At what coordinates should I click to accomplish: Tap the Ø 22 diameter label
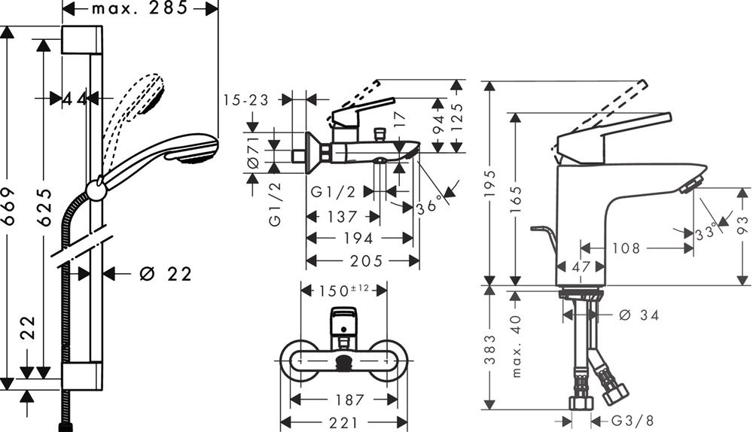[x=166, y=274]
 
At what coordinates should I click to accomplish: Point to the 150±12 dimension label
[x=344, y=290]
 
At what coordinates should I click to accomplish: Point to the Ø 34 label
[x=639, y=315]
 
